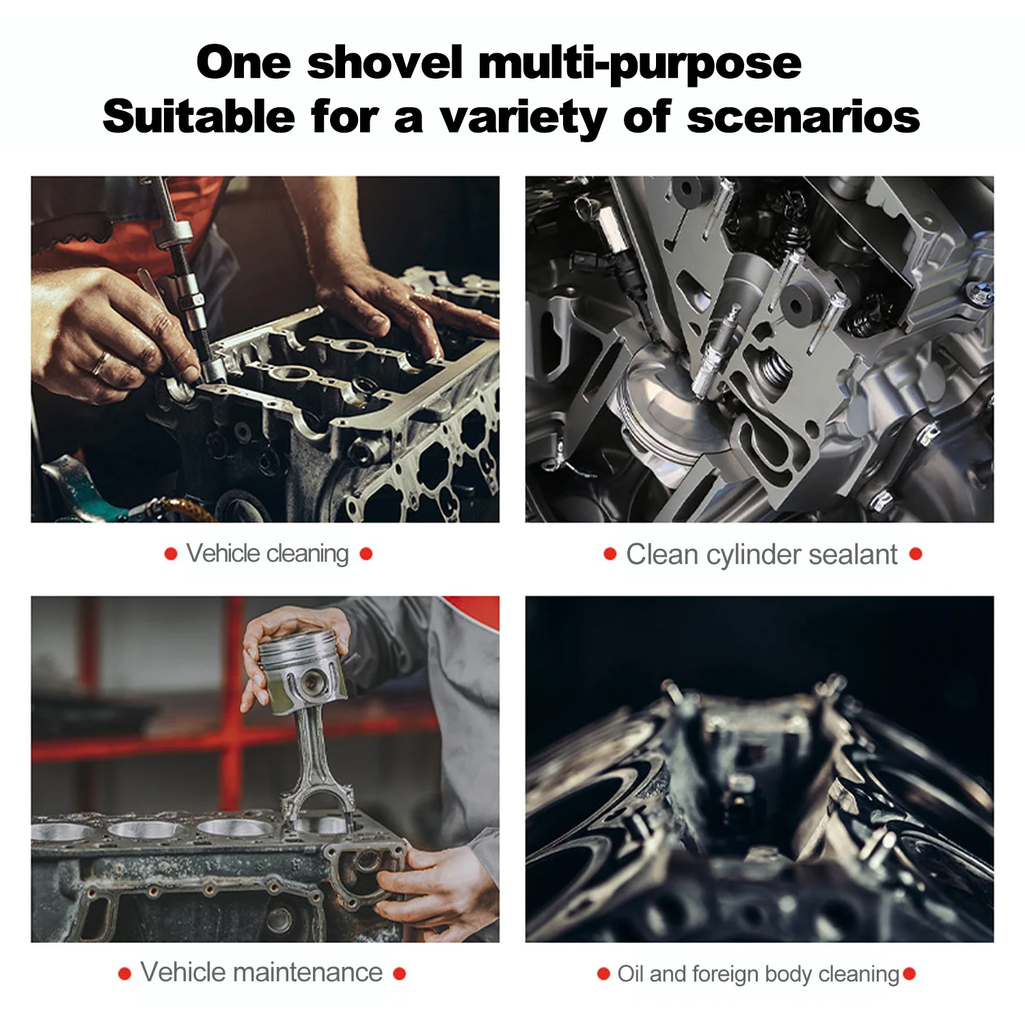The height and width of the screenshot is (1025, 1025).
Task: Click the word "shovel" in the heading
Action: click(385, 63)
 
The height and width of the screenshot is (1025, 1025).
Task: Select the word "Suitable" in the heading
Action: click(199, 117)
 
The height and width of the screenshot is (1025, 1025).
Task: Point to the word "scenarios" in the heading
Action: click(804, 118)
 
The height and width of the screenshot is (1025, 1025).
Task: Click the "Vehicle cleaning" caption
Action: click(267, 553)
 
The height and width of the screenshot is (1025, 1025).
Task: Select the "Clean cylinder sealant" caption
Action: click(762, 555)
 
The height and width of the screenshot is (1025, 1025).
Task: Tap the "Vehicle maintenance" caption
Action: click(262, 972)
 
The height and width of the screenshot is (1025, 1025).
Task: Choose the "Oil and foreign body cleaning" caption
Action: click(758, 974)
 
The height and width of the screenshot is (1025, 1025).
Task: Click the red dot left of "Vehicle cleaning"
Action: click(171, 554)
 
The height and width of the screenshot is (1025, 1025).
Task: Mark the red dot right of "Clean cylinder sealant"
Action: click(916, 554)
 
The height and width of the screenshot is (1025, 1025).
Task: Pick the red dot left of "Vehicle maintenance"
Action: click(124, 974)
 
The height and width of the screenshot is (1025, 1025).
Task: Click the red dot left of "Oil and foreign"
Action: click(603, 974)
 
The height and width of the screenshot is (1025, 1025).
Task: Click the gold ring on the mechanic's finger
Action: click(100, 363)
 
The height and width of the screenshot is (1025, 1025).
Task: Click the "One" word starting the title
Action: click(243, 63)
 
